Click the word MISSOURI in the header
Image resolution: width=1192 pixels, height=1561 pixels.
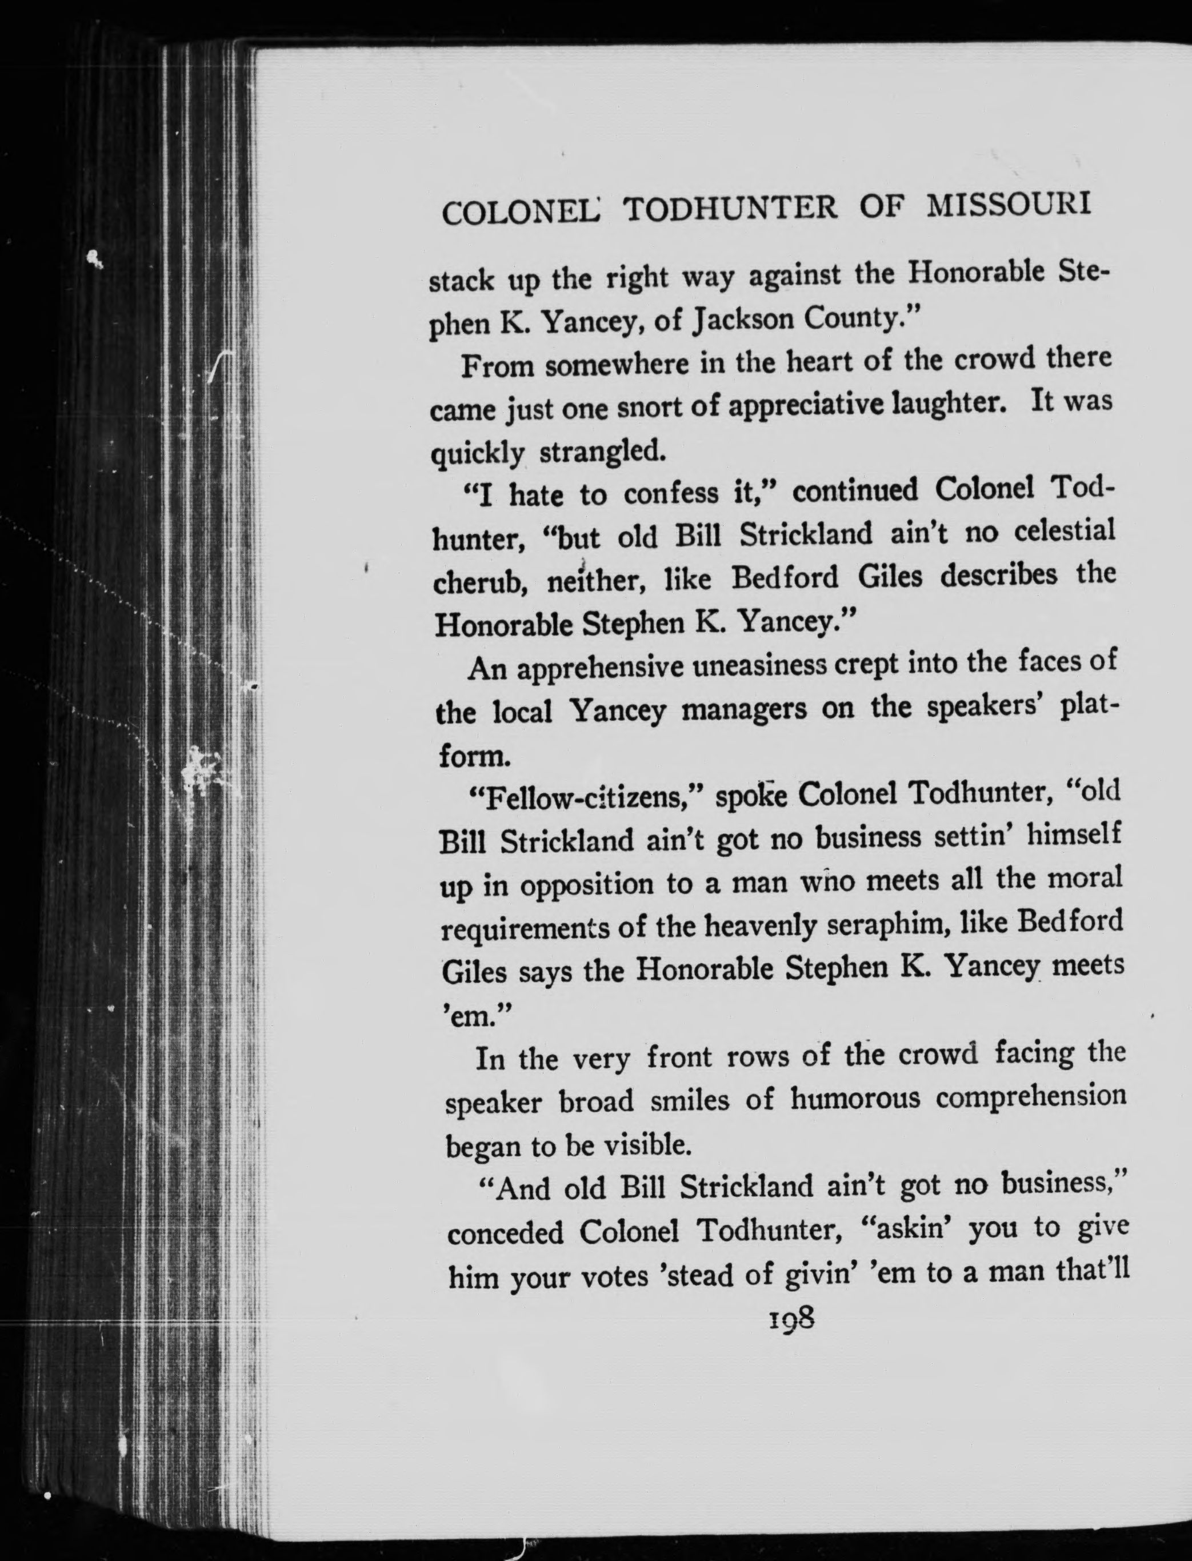point(1009,205)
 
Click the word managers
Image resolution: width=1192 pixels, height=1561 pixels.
point(743,710)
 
